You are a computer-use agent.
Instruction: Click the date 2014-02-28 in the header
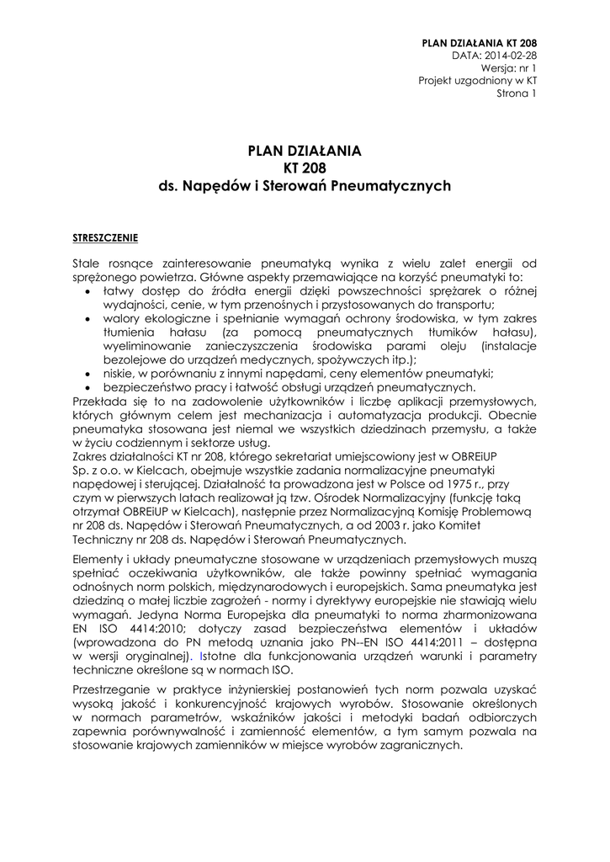click(509, 54)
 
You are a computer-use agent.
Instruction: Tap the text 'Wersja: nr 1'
click(509, 67)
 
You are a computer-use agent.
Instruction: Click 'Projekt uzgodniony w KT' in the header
click(478, 80)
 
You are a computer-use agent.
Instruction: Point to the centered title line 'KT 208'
click(305, 168)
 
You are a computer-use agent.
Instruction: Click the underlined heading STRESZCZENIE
click(105, 237)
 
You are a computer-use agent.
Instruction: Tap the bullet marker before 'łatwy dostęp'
click(89, 291)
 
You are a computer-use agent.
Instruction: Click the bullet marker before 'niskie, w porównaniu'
click(89, 374)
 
